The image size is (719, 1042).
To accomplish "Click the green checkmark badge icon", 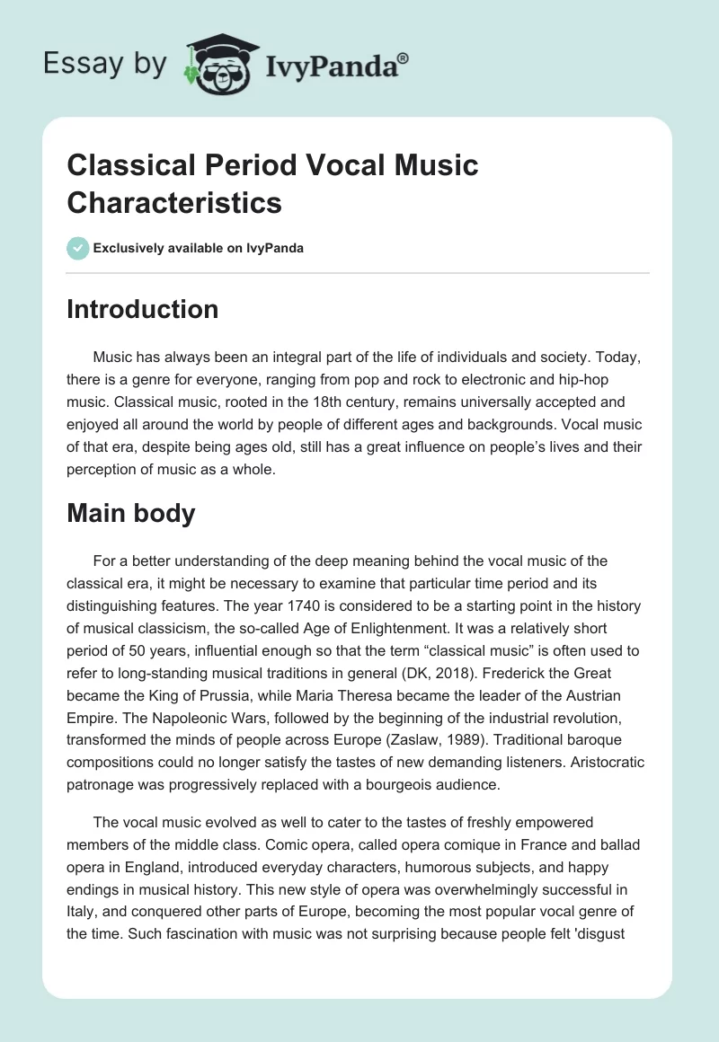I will coord(78,248).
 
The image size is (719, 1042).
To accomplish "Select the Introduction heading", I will coord(143,309).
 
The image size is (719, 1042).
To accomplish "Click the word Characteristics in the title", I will coord(174,202).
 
